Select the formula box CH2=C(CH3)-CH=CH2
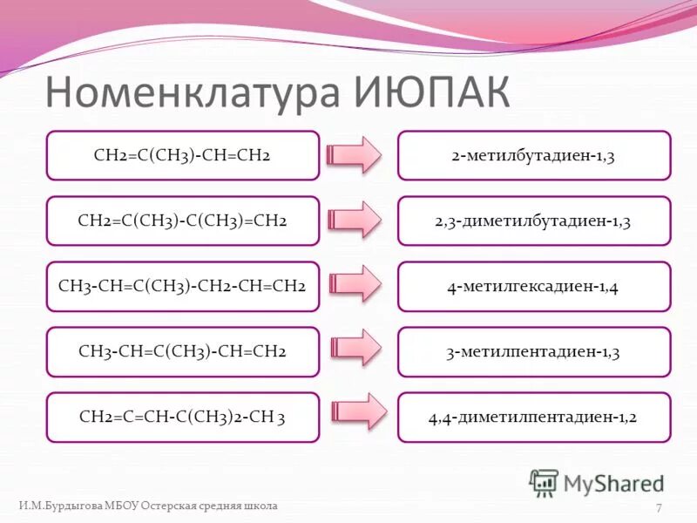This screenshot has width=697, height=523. [x=182, y=155]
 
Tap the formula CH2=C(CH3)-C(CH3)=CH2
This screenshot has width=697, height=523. [x=182, y=221]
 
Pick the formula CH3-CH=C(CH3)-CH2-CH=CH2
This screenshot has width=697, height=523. [x=182, y=286]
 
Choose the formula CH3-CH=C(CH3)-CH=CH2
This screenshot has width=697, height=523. [x=182, y=351]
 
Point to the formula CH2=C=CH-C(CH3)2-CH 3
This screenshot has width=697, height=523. [x=182, y=417]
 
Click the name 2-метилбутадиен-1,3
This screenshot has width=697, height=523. [x=533, y=155]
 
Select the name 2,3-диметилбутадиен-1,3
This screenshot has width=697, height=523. [x=533, y=221]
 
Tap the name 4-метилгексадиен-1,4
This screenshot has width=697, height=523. [x=533, y=286]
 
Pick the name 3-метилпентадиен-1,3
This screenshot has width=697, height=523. [x=533, y=351]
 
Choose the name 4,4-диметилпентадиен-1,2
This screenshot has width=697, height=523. [x=533, y=417]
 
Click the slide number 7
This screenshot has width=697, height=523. [x=659, y=508]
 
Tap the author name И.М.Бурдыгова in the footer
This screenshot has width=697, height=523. [x=60, y=506]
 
